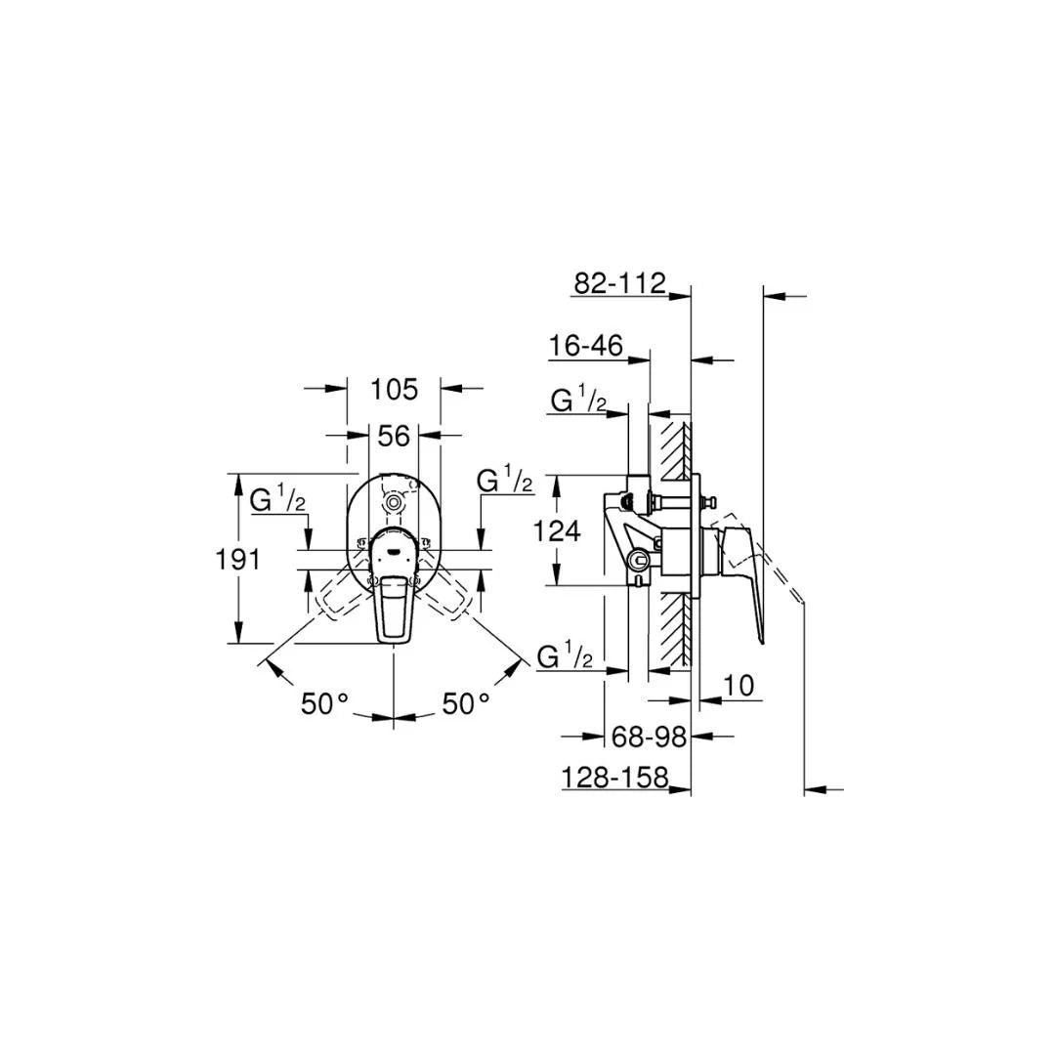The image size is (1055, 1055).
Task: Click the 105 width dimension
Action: click(394, 389)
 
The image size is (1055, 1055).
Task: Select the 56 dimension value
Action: click(394, 436)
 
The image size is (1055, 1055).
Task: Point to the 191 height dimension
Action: click(237, 560)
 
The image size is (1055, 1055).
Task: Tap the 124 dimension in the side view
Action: click(559, 531)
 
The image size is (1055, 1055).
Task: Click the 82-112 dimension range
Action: click(619, 283)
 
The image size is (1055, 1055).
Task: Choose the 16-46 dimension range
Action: click(586, 346)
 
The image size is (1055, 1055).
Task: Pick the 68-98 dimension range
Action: click(649, 736)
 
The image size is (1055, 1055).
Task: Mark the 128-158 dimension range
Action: click(615, 777)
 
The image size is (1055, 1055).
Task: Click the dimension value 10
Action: click(740, 686)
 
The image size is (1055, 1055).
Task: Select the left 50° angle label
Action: click(324, 703)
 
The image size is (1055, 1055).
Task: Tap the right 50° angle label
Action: click(466, 703)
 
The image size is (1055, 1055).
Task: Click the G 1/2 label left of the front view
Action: click(278, 500)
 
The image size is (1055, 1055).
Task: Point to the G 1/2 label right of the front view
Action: click(504, 481)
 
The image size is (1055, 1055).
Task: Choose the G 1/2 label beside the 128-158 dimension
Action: click(565, 656)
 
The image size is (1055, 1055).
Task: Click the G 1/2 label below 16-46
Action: click(578, 400)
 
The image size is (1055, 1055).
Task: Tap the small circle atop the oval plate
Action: click(394, 503)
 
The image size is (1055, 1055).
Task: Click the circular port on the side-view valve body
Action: click(639, 561)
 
